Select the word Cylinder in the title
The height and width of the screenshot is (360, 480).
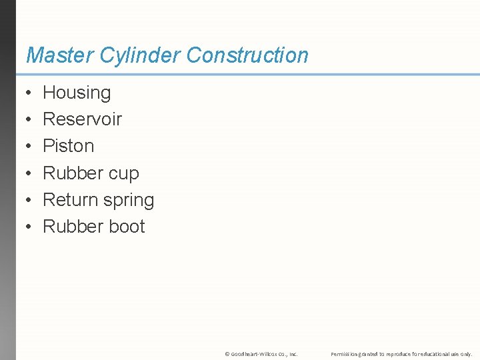pos(141,55)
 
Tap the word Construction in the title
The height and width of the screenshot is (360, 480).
pos(247,55)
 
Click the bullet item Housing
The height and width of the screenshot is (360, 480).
pos(77,93)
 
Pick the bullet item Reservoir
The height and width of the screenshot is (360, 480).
pos(82,119)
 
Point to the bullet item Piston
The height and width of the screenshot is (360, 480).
pos(68,146)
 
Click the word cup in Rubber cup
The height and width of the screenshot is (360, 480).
pos(123,174)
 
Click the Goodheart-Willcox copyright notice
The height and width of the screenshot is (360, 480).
pos(261,354)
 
